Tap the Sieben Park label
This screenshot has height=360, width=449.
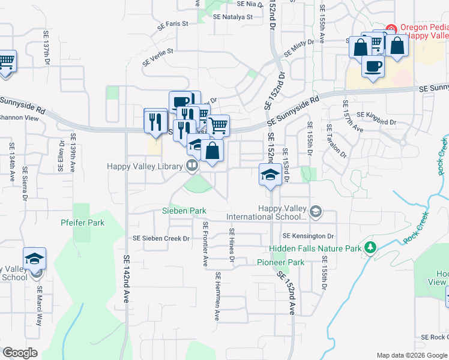[184, 211]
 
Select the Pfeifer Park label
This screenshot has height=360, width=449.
[82, 223]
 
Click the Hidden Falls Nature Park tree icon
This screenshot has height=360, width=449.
[370, 247]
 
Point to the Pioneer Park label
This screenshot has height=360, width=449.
[280, 262]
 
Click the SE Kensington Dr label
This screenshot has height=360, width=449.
[308, 236]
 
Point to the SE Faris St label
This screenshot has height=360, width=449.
[173, 25]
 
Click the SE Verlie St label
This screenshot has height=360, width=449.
[158, 56]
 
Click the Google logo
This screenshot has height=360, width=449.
[20, 353]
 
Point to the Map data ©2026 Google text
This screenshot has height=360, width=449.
[411, 355]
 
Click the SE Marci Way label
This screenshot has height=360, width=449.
[39, 297]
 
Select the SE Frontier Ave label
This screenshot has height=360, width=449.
[205, 244]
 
